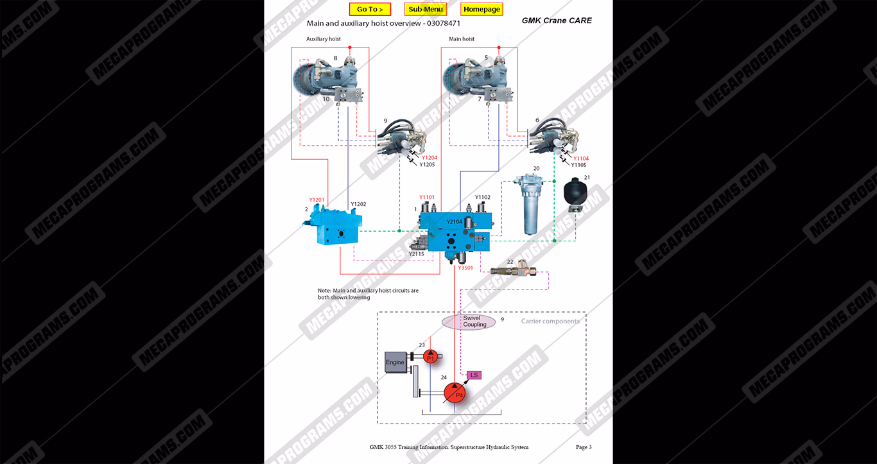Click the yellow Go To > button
[370, 10]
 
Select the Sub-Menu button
[426, 10]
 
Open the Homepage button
[482, 10]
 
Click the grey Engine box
[395, 363]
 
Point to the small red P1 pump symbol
[431, 357]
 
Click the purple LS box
[474, 375]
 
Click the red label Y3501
[465, 268]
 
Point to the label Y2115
[416, 254]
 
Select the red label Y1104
[580, 159]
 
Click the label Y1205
[427, 165]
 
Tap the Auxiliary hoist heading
[324, 39]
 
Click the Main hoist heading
[462, 39]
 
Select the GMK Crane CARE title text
[557, 21]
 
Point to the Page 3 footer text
[583, 447]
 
